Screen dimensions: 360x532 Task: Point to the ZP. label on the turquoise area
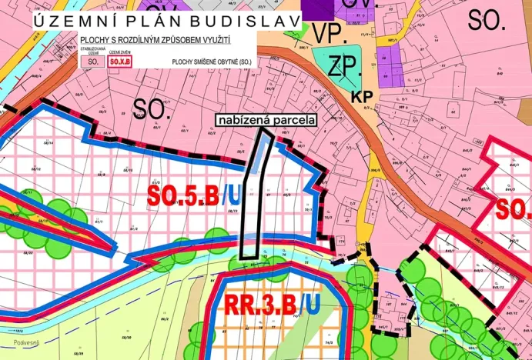point(345,67)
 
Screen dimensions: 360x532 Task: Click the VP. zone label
point(329,35)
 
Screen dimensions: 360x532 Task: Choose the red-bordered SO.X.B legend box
point(120,59)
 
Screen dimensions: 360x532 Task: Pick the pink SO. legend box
point(93,59)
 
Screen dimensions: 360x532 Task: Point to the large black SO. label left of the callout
point(151,108)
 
